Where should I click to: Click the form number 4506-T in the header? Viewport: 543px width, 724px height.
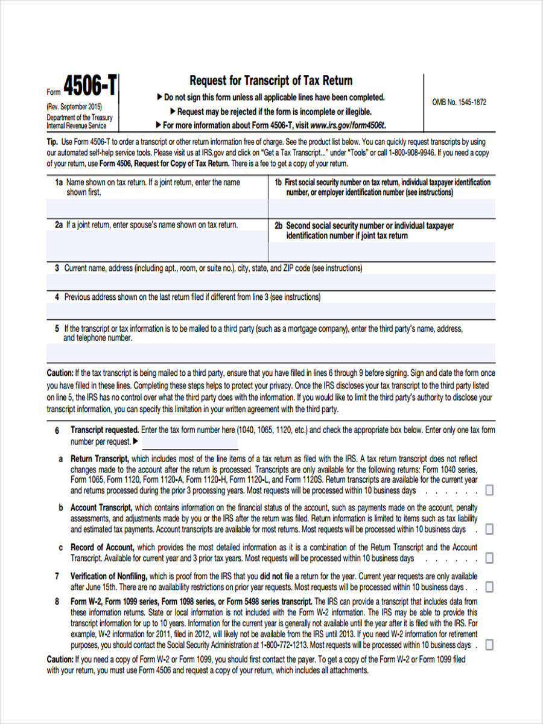click(x=90, y=88)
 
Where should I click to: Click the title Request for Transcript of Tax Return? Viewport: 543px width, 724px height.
click(x=271, y=81)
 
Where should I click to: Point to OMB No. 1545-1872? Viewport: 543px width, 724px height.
click(x=459, y=102)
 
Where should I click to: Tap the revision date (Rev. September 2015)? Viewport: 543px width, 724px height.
click(x=74, y=107)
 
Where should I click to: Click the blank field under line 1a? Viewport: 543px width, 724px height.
click(x=157, y=208)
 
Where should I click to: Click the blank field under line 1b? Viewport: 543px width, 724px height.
click(x=382, y=208)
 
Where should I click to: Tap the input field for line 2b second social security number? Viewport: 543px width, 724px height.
click(x=382, y=251)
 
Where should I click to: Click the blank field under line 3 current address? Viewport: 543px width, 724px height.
click(x=271, y=282)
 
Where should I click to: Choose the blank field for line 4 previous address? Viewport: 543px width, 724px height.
click(x=271, y=311)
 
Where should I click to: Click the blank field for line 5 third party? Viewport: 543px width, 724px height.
click(x=271, y=352)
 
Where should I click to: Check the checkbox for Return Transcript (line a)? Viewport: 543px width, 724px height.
click(x=489, y=491)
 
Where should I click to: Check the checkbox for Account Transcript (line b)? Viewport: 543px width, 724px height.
click(x=489, y=529)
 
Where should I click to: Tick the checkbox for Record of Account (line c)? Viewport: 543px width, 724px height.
click(x=489, y=558)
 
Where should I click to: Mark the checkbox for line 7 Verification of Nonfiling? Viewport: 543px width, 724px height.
click(x=489, y=587)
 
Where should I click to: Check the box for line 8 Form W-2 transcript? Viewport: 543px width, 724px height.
click(x=489, y=645)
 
